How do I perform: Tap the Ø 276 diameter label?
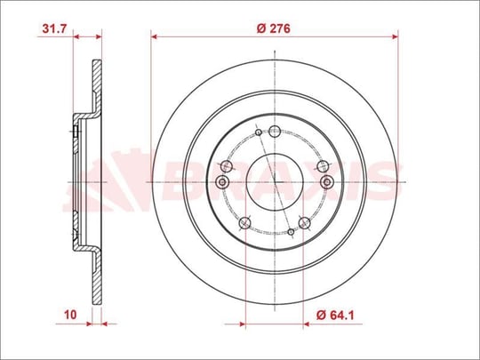(x=274, y=28)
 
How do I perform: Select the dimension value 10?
(x=70, y=315)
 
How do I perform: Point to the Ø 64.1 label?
(x=335, y=315)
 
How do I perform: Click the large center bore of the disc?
(x=275, y=182)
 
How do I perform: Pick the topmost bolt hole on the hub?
(x=275, y=132)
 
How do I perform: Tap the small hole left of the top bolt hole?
(x=259, y=132)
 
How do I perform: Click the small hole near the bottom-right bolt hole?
(x=291, y=232)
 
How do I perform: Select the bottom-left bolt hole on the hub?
(x=244, y=223)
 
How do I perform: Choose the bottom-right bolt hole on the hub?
(x=304, y=223)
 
